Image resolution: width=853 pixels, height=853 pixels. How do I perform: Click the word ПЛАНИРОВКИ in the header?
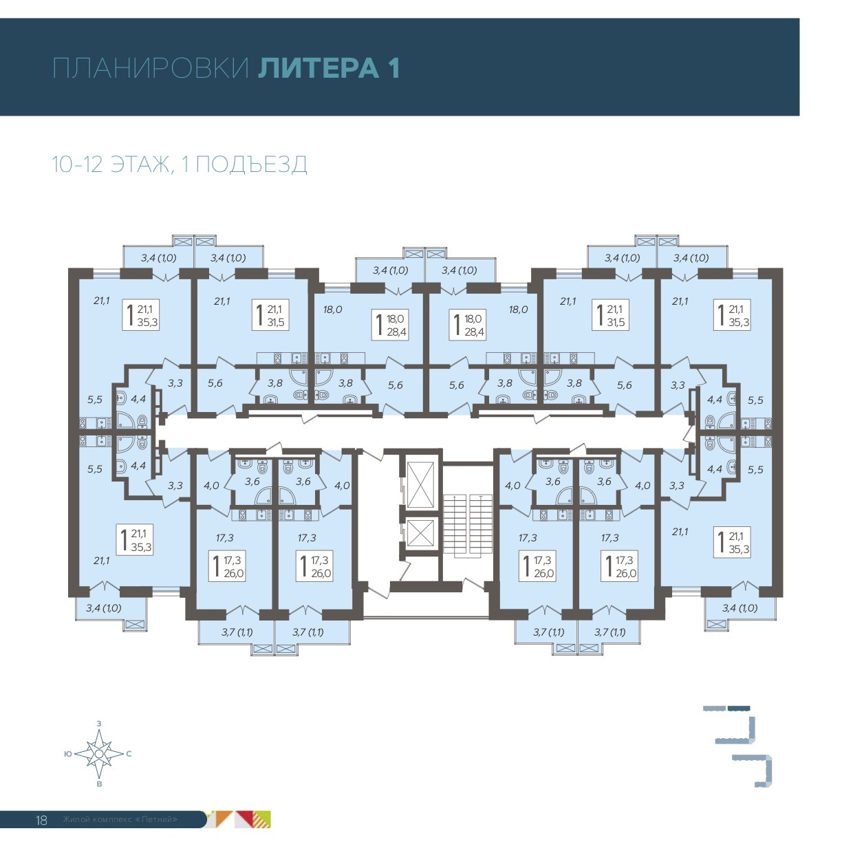pos(150,69)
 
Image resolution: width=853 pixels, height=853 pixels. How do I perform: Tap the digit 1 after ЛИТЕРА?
pos(393,69)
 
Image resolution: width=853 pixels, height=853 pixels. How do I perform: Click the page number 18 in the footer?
pos(41,820)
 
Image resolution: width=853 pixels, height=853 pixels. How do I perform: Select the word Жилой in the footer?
pos(73,820)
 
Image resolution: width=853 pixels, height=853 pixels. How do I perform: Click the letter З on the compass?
pos(100,724)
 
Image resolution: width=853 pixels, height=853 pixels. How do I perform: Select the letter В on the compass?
pos(100,784)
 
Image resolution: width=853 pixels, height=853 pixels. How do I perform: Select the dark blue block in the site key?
pos(739,707)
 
